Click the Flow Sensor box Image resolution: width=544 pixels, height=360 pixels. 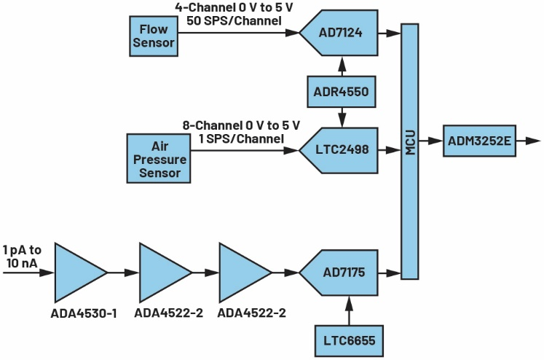pyautogui.click(x=154, y=36)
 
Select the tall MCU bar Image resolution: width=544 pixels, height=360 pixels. pyautogui.click(x=410, y=151)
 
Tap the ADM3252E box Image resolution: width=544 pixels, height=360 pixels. pyautogui.click(x=479, y=139)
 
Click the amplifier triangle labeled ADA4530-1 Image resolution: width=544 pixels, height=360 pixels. pyautogui.click(x=77, y=272)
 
